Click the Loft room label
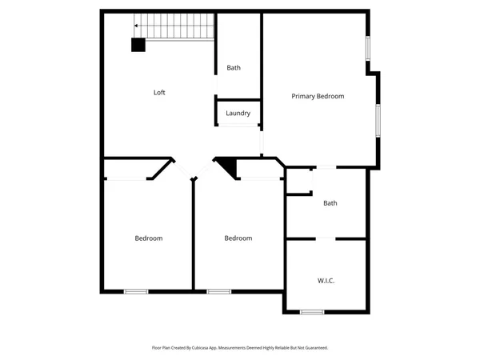(159, 92)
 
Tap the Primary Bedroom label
(318, 96)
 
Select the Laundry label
(238, 114)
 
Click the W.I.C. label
(326, 281)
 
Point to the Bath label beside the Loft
(234, 68)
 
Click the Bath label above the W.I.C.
(330, 203)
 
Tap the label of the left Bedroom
(148, 238)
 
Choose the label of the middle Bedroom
(238, 238)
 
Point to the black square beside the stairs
(138, 46)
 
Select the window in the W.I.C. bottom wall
(311, 311)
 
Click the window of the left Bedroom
(136, 291)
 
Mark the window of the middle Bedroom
(218, 291)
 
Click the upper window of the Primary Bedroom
(368, 48)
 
